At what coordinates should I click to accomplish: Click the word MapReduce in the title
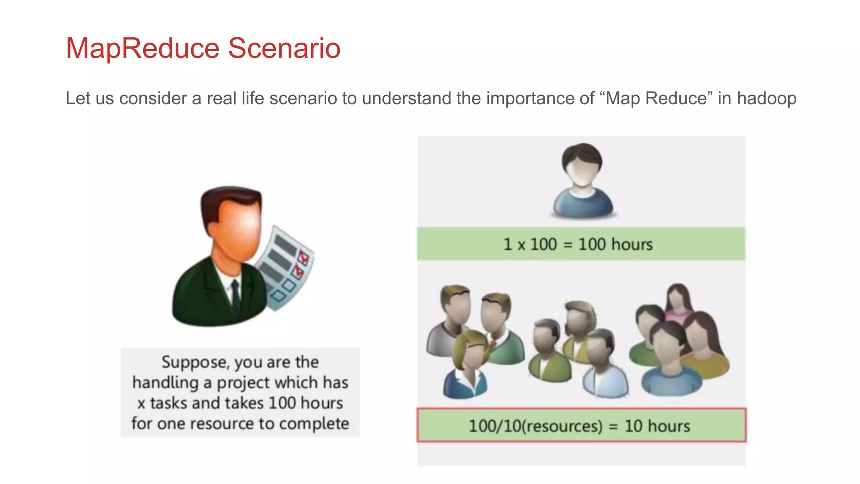(x=143, y=48)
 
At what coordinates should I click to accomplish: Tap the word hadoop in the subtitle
(x=766, y=98)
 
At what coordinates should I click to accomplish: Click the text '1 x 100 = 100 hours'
(x=578, y=245)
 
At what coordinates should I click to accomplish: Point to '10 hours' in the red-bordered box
(x=657, y=426)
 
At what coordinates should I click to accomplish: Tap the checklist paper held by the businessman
(x=286, y=269)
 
